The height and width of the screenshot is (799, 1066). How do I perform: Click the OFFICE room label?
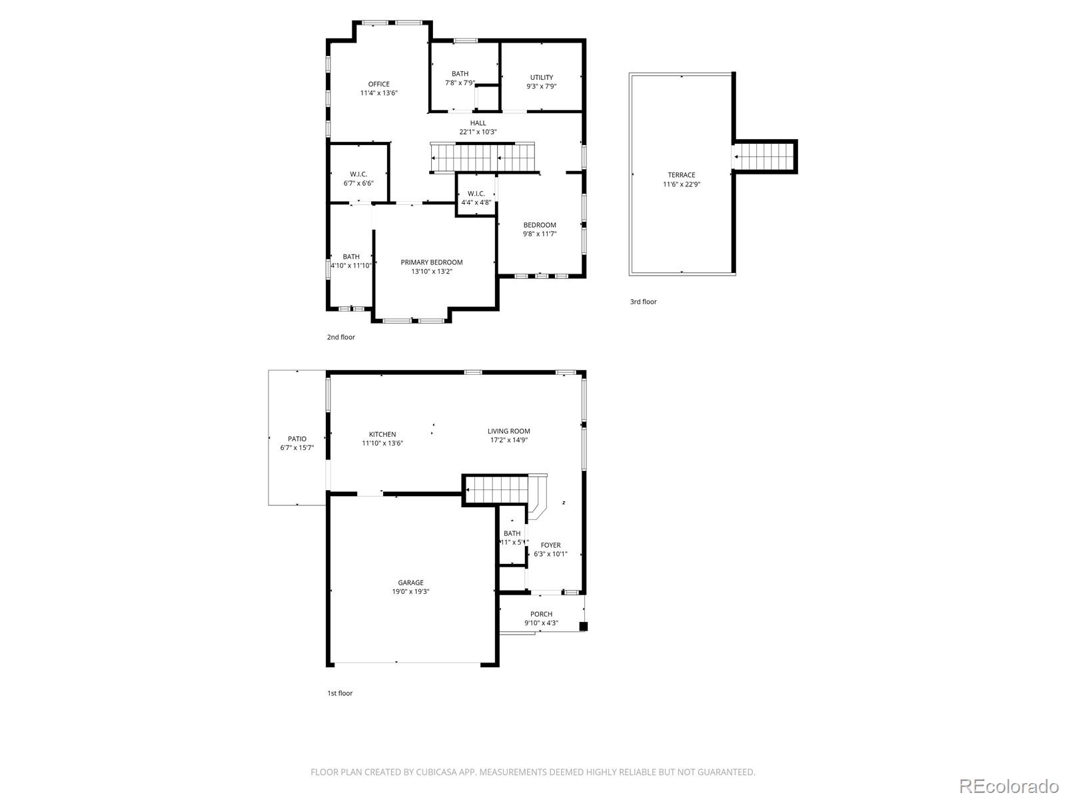click(x=378, y=84)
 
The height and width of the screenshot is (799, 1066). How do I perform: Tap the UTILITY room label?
click(x=541, y=77)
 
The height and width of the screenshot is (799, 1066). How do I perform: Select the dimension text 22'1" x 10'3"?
click(x=478, y=132)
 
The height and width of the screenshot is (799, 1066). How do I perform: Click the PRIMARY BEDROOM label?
click(x=431, y=262)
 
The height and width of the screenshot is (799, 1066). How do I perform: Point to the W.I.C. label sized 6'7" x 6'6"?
click(x=358, y=174)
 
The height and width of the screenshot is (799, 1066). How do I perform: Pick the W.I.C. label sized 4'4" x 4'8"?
click(x=476, y=194)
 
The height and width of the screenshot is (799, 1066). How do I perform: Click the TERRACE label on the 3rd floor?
click(x=681, y=175)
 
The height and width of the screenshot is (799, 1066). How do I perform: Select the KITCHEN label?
click(x=382, y=434)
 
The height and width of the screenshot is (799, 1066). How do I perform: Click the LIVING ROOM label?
click(x=509, y=431)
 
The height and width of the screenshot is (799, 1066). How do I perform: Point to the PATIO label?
click(x=297, y=439)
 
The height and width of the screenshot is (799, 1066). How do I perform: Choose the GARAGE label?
click(x=410, y=583)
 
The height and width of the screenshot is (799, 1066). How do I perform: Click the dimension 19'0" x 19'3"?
click(x=410, y=591)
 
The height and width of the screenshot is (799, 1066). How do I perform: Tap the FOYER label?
click(x=550, y=545)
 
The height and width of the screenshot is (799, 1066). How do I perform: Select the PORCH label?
click(x=541, y=614)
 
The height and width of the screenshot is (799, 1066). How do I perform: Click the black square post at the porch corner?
click(x=584, y=626)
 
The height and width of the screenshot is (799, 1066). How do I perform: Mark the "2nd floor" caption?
click(x=340, y=337)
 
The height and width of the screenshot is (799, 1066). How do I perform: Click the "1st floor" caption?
click(x=339, y=693)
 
